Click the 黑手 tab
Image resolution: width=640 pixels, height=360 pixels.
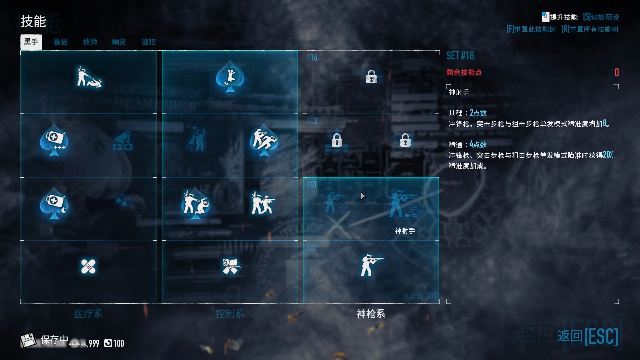[31, 42]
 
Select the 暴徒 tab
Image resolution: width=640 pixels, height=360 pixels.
[61, 42]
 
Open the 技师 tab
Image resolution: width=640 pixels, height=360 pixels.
[90, 42]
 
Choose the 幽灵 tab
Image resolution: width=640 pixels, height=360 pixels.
[119, 42]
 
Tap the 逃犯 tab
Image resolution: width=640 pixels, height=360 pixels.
[148, 42]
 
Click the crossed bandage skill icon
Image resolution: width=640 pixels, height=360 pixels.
[88, 266]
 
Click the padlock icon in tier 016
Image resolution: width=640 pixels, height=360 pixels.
[371, 77]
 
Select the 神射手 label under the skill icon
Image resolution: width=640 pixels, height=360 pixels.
[405, 231]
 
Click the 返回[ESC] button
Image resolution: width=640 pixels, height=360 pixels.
[588, 336]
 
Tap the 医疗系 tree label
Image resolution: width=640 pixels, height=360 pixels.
[88, 314]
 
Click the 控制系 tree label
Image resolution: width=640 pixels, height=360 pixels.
[230, 314]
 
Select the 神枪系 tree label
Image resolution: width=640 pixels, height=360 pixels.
[371, 314]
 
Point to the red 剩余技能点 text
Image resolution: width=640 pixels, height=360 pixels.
[464, 72]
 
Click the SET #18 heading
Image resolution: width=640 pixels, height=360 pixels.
[460, 55]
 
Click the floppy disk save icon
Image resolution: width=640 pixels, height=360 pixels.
[28, 341]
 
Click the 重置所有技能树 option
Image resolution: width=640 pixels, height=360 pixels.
[590, 29]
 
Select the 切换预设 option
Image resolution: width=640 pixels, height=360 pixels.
[601, 17]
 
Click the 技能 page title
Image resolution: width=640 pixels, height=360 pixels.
[33, 22]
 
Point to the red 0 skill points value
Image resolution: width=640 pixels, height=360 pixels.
[617, 73]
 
